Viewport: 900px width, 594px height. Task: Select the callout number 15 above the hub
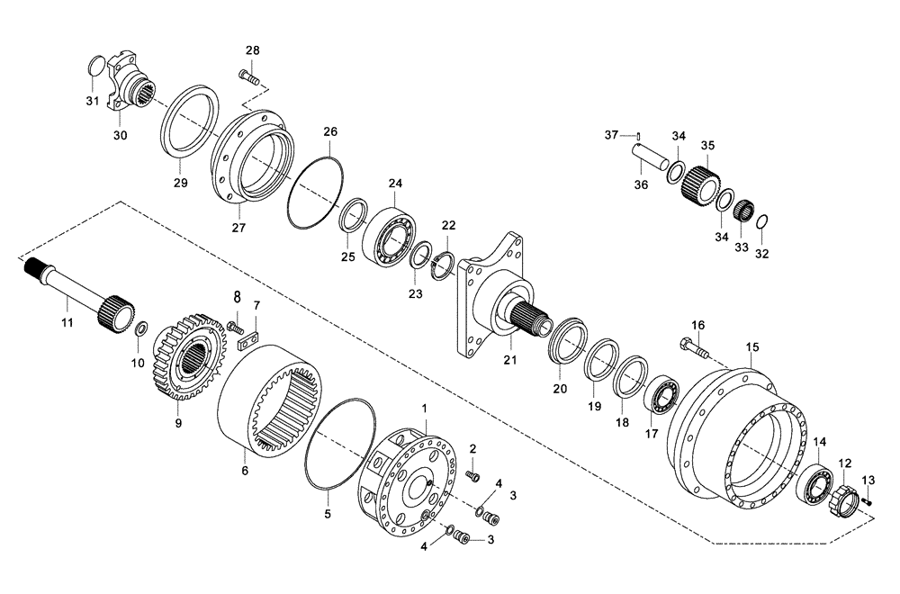752,346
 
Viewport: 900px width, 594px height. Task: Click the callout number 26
330,132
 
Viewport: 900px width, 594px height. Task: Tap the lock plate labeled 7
245,337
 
